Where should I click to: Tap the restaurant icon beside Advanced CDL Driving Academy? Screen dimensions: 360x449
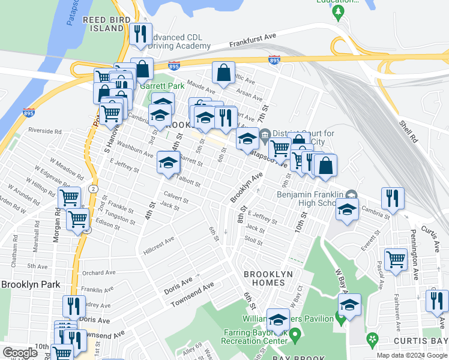(140, 34)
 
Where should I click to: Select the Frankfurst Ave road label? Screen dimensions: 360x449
(253, 40)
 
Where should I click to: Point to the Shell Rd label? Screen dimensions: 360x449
(406, 130)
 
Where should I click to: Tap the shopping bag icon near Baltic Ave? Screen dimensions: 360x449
(223, 73)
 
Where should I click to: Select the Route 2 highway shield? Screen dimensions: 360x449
(92, 189)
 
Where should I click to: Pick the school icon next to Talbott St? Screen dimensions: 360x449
(169, 162)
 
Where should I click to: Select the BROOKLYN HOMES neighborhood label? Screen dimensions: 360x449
(268, 278)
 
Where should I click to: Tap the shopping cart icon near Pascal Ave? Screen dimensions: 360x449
(396, 259)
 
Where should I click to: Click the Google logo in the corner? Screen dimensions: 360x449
(20, 353)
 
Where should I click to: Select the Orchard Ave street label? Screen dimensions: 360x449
(98, 272)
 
